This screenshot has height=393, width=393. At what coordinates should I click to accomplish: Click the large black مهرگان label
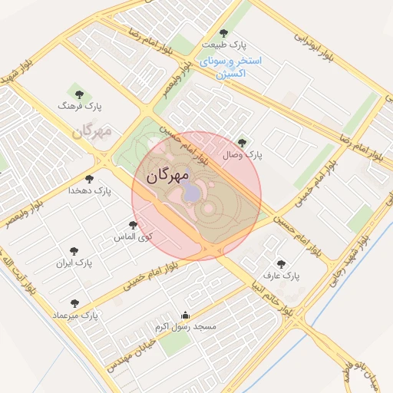pyautogui.click(x=167, y=176)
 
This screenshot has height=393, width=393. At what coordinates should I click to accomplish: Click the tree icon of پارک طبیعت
pyautogui.click(x=223, y=33)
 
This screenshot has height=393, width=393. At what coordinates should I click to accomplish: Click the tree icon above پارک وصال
pyautogui.click(x=243, y=142)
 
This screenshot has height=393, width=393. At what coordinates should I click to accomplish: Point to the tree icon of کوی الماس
pyautogui.click(x=134, y=225)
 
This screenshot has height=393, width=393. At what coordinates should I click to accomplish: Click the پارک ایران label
pyautogui.click(x=74, y=263)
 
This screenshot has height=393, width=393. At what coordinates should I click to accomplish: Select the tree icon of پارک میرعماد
pyautogui.click(x=74, y=303)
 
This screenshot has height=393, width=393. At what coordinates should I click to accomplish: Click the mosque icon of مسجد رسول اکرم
pyautogui.click(x=184, y=315)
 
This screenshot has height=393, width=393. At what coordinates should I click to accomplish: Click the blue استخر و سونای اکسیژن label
pyautogui.click(x=230, y=67)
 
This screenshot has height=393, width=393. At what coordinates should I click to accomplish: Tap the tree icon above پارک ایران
pyautogui.click(x=74, y=250)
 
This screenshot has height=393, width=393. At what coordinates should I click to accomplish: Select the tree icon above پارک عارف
pyautogui.click(x=280, y=263)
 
